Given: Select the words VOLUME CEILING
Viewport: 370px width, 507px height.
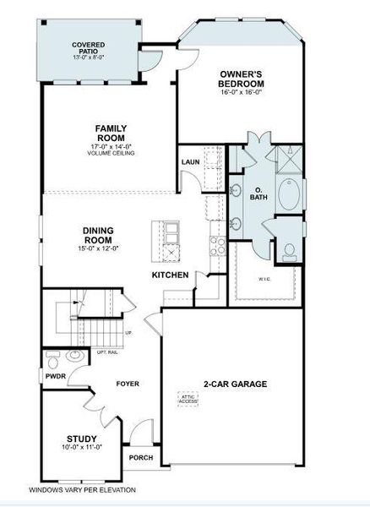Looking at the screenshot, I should click(x=111, y=152).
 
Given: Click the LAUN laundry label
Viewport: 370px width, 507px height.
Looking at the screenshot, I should click(x=189, y=161).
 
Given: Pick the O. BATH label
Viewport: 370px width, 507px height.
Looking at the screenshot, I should click(x=258, y=193).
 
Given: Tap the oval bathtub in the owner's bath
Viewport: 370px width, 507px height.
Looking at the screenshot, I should click(x=290, y=194).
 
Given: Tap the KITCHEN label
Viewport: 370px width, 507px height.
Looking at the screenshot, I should click(x=169, y=275).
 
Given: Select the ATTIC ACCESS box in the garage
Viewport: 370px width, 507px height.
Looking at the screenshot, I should click(x=188, y=397).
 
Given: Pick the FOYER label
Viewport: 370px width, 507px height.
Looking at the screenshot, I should click(x=128, y=384).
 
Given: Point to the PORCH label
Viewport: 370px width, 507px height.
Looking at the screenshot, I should click(x=140, y=457).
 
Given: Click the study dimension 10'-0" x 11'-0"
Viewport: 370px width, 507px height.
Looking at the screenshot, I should click(x=81, y=447).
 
